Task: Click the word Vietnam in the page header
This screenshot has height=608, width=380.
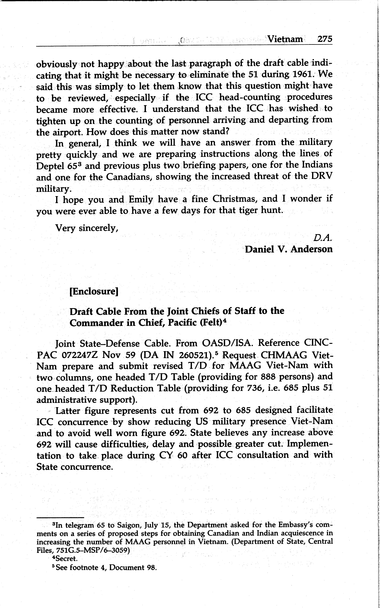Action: coord(285,39)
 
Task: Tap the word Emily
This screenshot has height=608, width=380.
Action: coord(141,200)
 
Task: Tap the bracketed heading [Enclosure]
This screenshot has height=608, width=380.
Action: coord(94,291)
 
